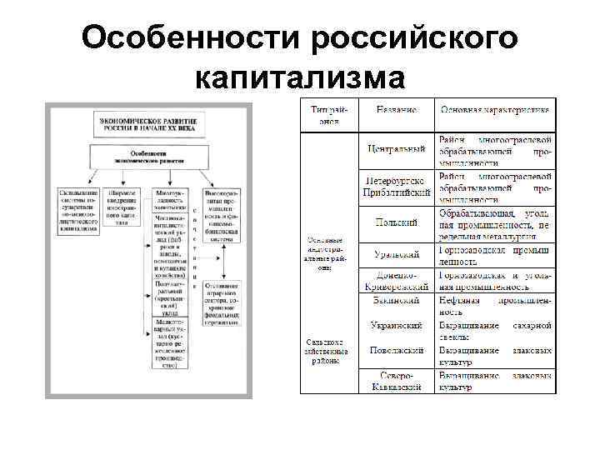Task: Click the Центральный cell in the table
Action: (x=397, y=149)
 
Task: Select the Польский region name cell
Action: (x=397, y=224)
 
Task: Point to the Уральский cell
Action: (x=397, y=254)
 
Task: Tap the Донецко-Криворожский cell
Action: (x=397, y=279)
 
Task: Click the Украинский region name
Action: (x=397, y=325)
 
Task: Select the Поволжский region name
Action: (x=397, y=351)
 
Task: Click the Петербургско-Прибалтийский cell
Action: (x=397, y=187)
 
